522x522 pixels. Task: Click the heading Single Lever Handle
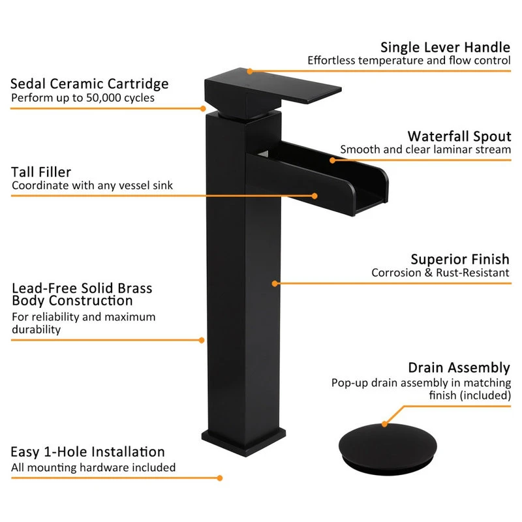pyautogui.click(x=445, y=47)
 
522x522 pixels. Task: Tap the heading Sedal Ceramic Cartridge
pyautogui.click(x=89, y=84)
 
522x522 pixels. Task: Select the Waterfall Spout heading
pyautogui.click(x=459, y=136)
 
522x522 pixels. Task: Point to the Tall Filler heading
pyautogui.click(x=41, y=172)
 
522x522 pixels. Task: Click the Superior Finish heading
pyautogui.click(x=460, y=259)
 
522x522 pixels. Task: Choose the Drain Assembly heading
pyautogui.click(x=459, y=367)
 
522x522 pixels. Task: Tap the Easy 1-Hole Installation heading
pyautogui.click(x=87, y=452)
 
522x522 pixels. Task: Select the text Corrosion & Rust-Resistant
pyautogui.click(x=440, y=273)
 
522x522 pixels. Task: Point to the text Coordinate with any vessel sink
pyautogui.click(x=92, y=185)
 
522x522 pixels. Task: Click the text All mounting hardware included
pyautogui.click(x=93, y=467)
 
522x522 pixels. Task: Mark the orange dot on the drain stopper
pyautogui.click(x=384, y=424)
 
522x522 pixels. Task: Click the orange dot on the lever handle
pyautogui.click(x=250, y=71)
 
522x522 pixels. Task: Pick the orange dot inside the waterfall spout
pyautogui.click(x=332, y=161)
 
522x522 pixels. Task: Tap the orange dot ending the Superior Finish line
pyautogui.click(x=275, y=284)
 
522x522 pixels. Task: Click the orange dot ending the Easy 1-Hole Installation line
pyautogui.click(x=220, y=478)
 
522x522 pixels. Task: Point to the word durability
pyautogui.click(x=37, y=330)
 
